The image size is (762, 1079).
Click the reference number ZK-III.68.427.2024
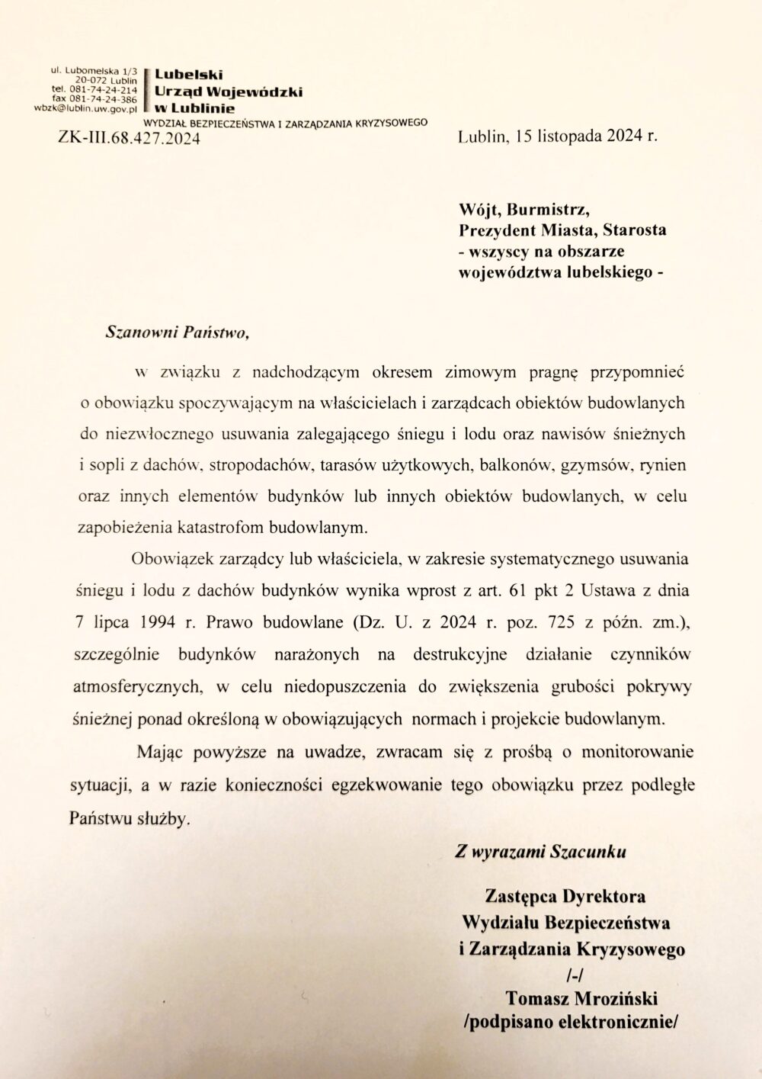129,138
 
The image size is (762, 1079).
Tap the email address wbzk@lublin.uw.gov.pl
85,108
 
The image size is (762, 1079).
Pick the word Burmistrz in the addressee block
553,210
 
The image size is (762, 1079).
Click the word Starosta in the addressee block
632,230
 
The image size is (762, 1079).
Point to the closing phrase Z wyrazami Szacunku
540,853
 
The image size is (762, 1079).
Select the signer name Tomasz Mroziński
581,998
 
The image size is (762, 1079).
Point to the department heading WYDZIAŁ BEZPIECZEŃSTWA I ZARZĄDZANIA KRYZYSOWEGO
286,122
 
